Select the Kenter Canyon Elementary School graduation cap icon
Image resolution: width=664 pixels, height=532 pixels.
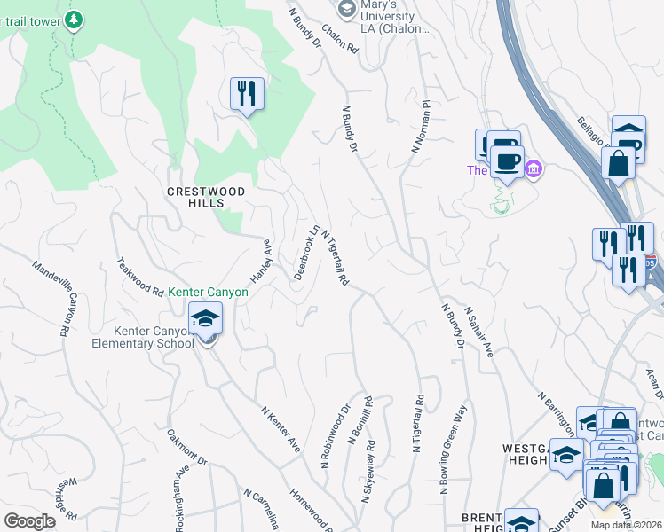(x=206, y=317)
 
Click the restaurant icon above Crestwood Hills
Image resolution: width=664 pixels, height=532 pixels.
(x=247, y=93)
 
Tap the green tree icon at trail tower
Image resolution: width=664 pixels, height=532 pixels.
(x=75, y=19)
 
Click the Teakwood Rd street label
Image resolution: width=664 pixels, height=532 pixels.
(x=140, y=277)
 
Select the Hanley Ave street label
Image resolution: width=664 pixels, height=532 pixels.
(x=259, y=260)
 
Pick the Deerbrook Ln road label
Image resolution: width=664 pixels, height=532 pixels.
(x=305, y=252)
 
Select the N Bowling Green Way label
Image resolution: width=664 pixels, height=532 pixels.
(x=452, y=450)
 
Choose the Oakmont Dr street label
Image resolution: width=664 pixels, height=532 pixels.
(x=187, y=449)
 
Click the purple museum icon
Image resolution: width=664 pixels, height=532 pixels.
(x=533, y=168)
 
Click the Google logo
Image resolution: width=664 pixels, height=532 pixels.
(x=29, y=521)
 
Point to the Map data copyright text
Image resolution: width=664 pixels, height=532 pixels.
(x=625, y=525)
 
